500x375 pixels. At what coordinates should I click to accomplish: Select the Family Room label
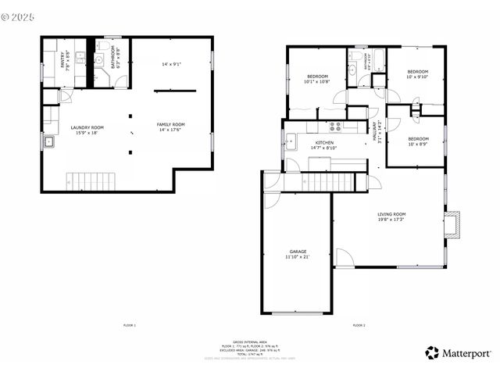[171, 124]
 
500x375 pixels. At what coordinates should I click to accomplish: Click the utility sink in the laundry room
[48, 142]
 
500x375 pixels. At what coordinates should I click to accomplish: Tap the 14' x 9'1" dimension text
[172, 64]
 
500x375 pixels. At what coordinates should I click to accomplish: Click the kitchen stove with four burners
[337, 126]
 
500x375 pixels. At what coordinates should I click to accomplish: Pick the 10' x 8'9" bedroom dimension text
[418, 143]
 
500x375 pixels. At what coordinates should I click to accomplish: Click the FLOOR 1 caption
[130, 324]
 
